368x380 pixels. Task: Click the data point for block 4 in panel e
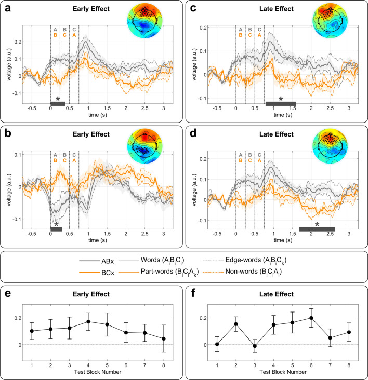[x=89, y=322]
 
